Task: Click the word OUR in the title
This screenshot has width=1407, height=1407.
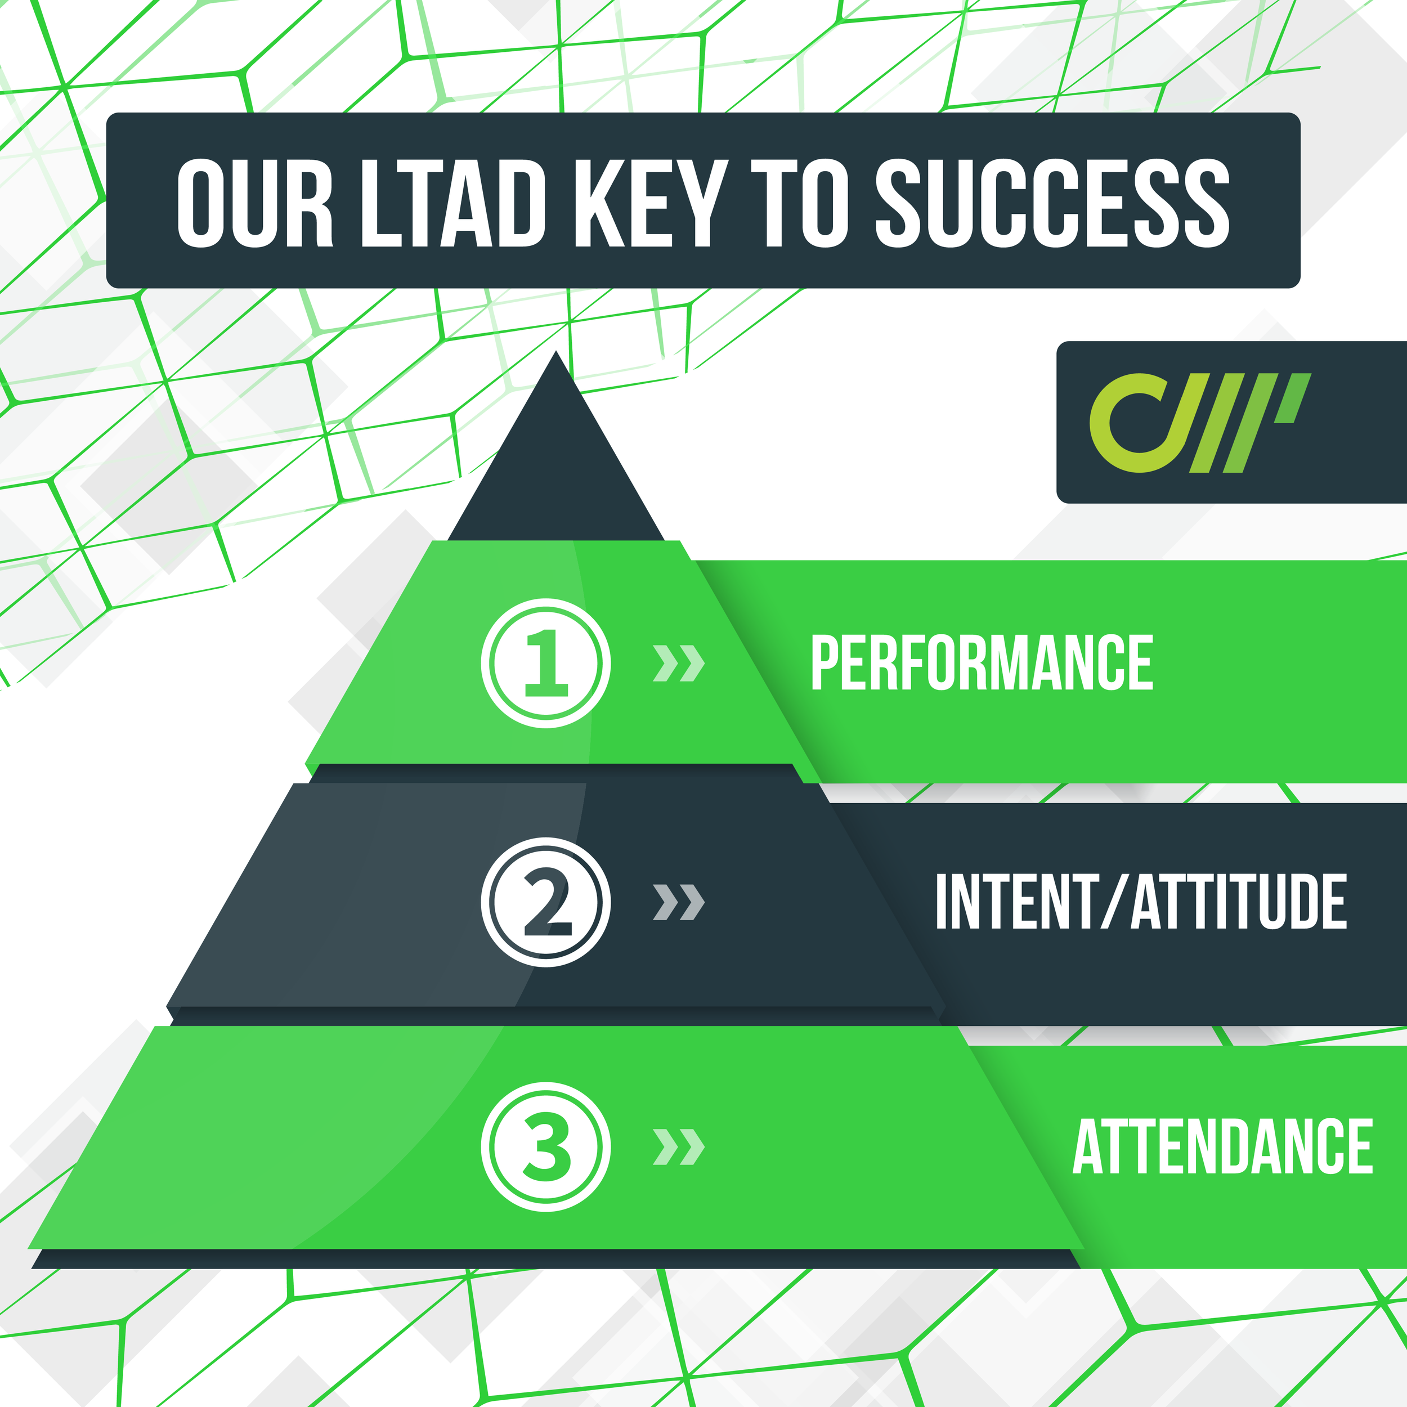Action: tap(254, 203)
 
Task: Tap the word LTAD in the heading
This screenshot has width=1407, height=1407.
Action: tap(453, 203)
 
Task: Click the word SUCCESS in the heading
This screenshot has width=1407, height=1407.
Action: tap(1052, 203)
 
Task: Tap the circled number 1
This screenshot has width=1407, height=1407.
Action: tap(545, 663)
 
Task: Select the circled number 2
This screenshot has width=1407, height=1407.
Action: tap(545, 902)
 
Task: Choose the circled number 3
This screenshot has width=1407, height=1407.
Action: tap(545, 1146)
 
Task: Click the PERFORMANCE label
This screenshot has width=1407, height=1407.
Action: tap(982, 663)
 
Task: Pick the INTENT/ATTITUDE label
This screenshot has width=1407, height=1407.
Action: tap(1140, 902)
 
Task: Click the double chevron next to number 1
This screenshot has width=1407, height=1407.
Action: tap(678, 663)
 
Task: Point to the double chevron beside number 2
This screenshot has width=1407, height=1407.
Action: tap(678, 902)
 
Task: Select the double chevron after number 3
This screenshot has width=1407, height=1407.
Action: tap(678, 1147)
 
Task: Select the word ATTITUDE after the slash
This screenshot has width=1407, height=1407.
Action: tap(1238, 902)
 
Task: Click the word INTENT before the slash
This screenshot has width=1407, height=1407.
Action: tap(1016, 902)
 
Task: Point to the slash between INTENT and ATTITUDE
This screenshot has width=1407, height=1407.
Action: tap(1114, 902)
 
